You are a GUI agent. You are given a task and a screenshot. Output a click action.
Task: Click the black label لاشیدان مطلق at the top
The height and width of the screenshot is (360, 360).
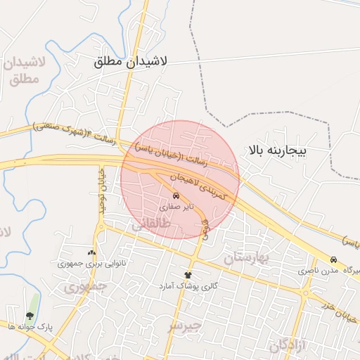[131, 61]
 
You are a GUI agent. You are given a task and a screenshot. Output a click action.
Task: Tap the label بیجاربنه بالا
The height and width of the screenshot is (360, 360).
[278, 150]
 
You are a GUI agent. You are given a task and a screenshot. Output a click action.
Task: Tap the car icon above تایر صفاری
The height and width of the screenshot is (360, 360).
[175, 195]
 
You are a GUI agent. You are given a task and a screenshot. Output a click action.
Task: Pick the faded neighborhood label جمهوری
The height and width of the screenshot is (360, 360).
[85, 287]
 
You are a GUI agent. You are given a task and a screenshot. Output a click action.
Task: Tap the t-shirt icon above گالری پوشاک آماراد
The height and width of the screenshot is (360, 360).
[188, 275]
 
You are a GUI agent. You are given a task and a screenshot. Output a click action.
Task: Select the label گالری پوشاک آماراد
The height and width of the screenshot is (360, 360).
[188, 286]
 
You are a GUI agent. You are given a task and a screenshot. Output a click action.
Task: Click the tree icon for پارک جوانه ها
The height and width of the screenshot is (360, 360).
[30, 316]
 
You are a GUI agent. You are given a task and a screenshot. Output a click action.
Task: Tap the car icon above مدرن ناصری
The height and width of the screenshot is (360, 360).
[333, 259]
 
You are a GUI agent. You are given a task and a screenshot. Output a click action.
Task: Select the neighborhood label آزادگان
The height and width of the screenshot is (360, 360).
[288, 345]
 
